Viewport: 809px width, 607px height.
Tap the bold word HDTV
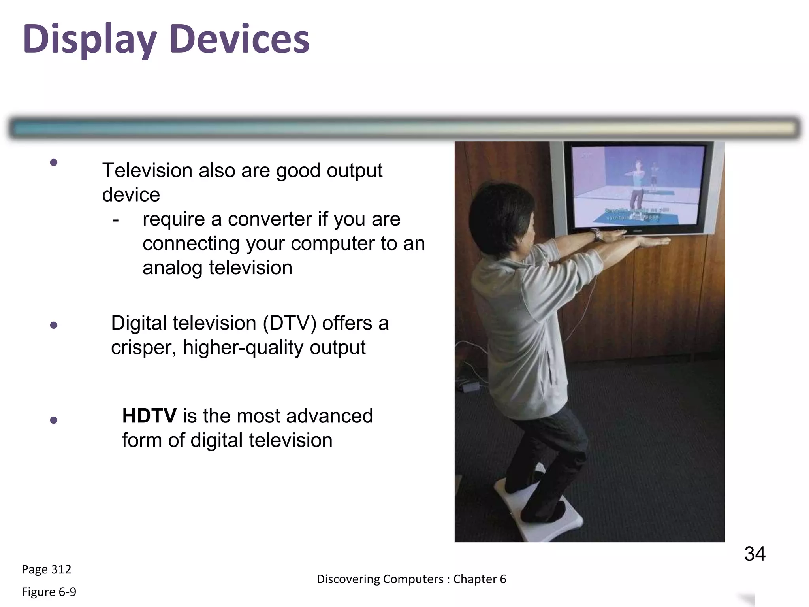tap(149, 416)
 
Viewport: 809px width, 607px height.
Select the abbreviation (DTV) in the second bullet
tap(290, 323)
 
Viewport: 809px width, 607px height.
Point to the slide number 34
tap(754, 554)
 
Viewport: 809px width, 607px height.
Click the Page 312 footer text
tap(46, 569)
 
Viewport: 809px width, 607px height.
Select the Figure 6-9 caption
tap(49, 592)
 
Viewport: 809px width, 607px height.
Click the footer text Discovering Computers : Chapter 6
tap(411, 579)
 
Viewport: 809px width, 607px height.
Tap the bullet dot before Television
tap(54, 162)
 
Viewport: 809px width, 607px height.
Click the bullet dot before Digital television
tap(54, 325)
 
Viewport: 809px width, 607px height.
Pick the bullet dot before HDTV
tap(54, 420)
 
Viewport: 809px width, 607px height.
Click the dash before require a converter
tap(115, 220)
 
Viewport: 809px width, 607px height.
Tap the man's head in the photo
tap(500, 209)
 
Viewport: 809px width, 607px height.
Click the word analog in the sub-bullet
tap(173, 268)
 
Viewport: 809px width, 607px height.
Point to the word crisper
tap(143, 348)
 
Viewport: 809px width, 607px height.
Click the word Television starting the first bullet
tap(147, 171)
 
